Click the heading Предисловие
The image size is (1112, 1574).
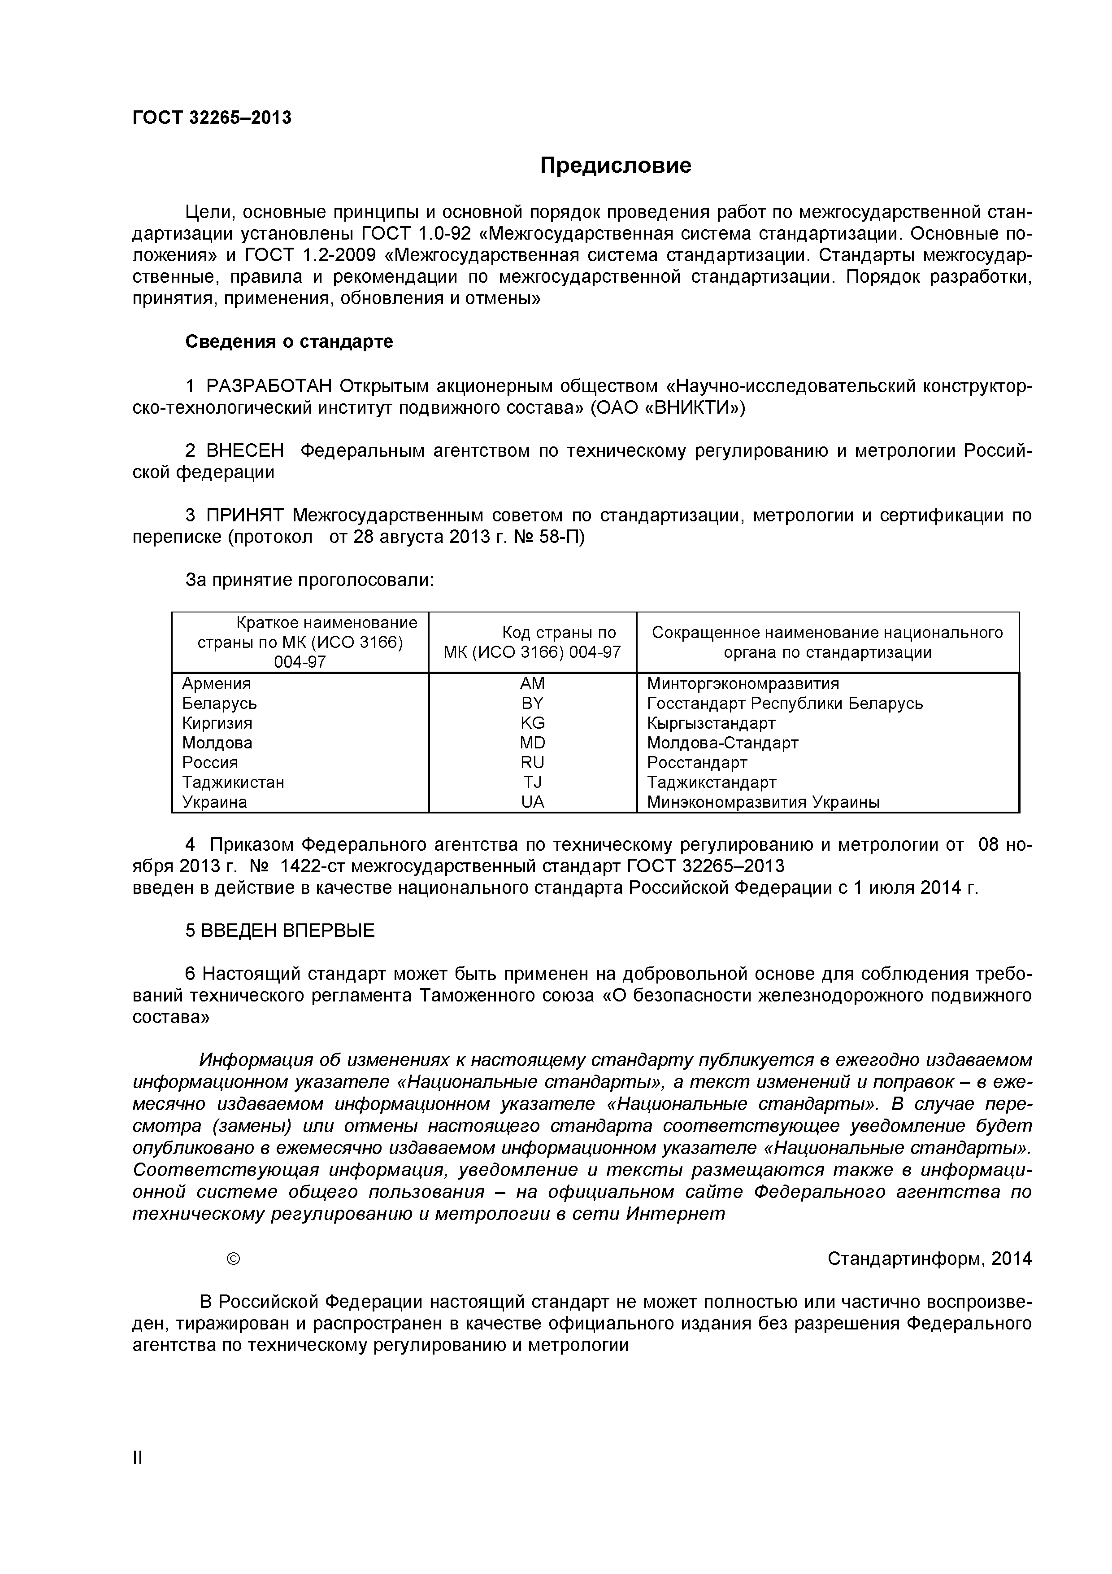(615, 166)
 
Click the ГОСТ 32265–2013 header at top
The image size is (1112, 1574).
(212, 118)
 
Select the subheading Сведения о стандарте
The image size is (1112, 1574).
(289, 341)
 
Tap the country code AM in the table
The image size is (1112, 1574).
(532, 683)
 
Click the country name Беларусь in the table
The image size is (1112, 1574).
(219, 704)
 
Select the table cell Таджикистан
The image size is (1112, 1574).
(233, 782)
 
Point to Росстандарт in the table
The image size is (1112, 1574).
(697, 762)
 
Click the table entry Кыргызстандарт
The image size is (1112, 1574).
(711, 723)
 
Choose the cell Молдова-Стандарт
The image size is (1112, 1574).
(722, 743)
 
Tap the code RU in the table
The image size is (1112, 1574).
(532, 762)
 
